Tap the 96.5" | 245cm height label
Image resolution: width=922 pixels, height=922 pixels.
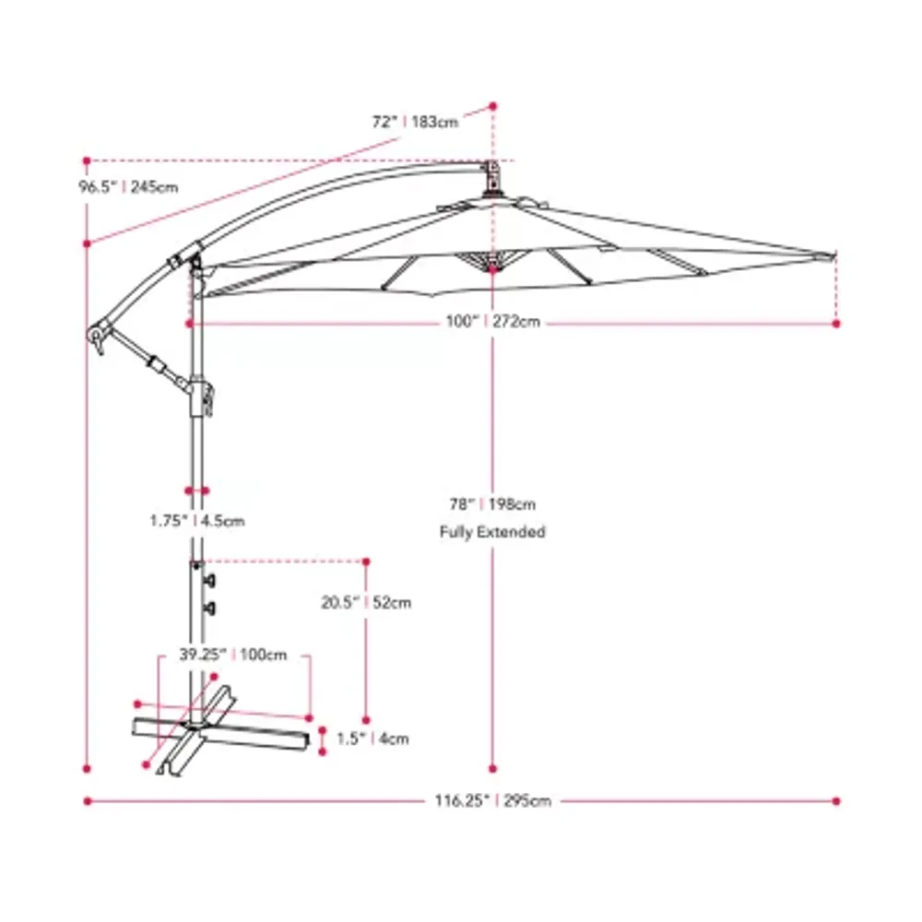[x=128, y=187]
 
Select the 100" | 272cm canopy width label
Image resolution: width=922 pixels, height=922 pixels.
[x=492, y=323]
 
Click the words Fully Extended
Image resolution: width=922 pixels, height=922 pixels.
[x=491, y=532]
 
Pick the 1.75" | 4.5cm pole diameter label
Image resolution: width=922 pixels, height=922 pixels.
[x=197, y=520]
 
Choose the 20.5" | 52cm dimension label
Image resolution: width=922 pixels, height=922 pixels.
[x=366, y=604]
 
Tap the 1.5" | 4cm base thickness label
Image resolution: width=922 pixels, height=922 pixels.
[x=372, y=739]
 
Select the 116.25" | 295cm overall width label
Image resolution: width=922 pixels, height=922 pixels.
[x=492, y=801]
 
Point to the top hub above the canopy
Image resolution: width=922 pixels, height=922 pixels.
[x=492, y=178]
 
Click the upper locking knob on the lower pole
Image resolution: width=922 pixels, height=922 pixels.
[x=211, y=580]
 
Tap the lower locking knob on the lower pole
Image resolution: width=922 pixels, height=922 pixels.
[x=211, y=607]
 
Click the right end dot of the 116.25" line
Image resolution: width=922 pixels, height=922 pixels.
[x=837, y=800]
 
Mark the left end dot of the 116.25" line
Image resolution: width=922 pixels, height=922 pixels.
[x=88, y=800]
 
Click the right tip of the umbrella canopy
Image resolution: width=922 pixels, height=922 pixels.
[x=833, y=252]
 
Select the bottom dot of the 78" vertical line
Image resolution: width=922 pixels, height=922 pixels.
[x=493, y=767]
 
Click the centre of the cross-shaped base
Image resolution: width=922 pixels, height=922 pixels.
[x=195, y=727]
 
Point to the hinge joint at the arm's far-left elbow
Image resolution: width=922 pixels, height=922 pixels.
[x=97, y=335]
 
